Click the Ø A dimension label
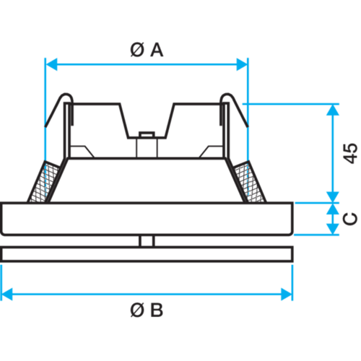point(147,50)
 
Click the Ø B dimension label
point(147,310)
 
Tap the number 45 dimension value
point(350,154)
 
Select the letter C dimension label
point(350,219)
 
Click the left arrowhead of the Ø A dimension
point(51,64)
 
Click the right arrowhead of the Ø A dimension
point(242,64)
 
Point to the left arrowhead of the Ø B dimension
point(6,294)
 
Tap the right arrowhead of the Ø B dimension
point(287,294)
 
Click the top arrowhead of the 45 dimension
point(333,110)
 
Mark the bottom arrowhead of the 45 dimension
point(333,197)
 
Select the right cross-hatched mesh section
point(250,182)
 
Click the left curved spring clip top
point(66,95)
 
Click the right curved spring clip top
point(227,95)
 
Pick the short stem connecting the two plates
point(147,241)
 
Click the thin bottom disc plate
point(147,254)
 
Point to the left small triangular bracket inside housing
point(82,152)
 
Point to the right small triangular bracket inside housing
point(212,152)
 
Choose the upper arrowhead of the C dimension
point(333,209)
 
